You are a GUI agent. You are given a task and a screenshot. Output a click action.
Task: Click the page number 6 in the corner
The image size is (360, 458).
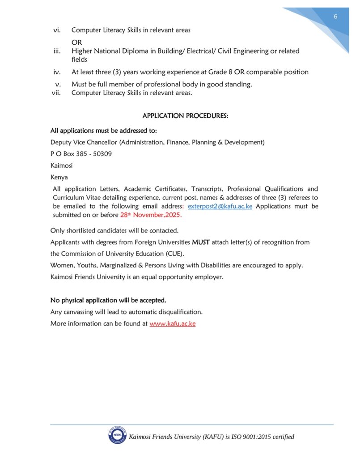[335, 17]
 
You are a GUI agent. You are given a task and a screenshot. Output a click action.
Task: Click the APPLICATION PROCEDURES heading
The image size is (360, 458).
[185, 116]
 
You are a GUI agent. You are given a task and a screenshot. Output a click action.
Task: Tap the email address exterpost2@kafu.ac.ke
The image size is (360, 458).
[220, 206]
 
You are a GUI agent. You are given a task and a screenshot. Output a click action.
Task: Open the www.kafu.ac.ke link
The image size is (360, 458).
[172, 323]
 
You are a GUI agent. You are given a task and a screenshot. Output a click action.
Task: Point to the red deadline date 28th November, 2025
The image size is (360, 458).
[151, 215]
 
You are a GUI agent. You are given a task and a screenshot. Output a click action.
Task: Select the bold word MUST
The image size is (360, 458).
[200, 242]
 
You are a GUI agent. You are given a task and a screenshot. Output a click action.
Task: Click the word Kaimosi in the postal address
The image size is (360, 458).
[62, 165]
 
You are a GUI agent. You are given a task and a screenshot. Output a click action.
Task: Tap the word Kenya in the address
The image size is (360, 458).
[59, 177]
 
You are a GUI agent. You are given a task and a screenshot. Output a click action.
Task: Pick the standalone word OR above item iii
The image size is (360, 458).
[76, 42]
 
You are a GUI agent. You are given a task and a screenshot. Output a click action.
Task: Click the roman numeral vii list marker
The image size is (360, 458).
[57, 93]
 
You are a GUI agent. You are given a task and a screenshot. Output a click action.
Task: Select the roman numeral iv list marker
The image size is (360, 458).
[57, 72]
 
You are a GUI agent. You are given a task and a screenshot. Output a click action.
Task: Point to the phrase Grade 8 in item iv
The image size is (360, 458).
[220, 72]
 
